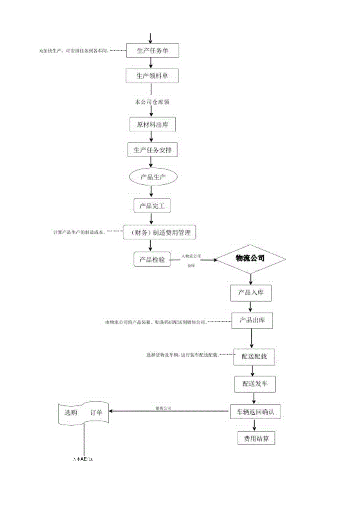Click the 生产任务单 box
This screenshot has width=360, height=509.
point(152,50)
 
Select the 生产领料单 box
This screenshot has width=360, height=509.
point(152,76)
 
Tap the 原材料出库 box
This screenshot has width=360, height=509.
point(152,124)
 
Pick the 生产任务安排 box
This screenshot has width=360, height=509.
point(152,150)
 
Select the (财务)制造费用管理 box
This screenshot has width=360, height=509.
point(159,233)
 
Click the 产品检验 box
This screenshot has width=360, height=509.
point(152,259)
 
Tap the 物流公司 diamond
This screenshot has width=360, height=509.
point(250,259)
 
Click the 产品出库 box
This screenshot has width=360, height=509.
point(252,320)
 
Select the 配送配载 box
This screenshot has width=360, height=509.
point(254,357)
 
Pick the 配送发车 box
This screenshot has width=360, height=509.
point(254,384)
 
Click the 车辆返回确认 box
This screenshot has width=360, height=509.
point(255,412)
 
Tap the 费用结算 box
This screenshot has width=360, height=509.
point(257,439)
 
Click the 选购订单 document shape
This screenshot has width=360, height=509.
point(84,413)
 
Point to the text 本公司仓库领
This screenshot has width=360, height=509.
point(152,102)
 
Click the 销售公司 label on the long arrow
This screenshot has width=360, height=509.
point(163,408)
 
